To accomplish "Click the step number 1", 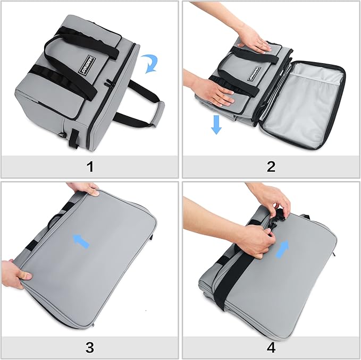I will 89,167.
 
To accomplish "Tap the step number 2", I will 271,167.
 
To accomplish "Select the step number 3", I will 89,347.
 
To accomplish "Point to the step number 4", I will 271,347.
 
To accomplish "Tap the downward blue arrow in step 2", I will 216,123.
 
